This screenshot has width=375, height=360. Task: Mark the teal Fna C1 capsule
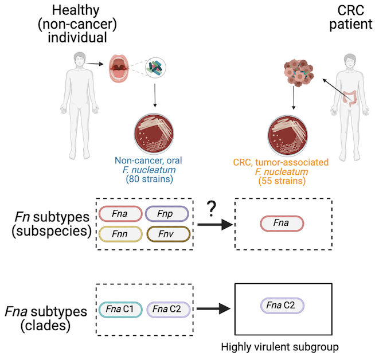point(120,309)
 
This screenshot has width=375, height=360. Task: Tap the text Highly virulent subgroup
point(282,347)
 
